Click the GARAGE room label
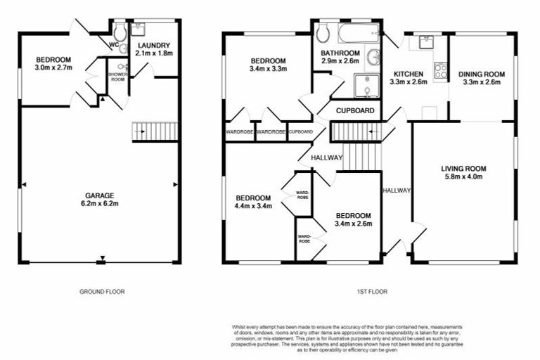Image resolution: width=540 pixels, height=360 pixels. [100, 195]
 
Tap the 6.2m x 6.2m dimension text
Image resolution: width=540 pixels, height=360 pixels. [100, 204]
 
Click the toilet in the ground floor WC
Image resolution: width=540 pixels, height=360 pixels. [120, 32]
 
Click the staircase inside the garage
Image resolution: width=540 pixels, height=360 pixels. [155, 131]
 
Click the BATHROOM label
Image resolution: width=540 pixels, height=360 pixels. [340, 53]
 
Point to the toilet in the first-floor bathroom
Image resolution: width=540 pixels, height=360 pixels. [324, 33]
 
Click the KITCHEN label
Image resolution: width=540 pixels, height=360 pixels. [408, 73]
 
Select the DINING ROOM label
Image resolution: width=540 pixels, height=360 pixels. [481, 73]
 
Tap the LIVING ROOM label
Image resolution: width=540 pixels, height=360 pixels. [464, 168]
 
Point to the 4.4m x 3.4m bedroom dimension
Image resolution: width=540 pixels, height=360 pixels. [253, 206]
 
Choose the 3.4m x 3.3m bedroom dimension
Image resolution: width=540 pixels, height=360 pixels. [267, 69]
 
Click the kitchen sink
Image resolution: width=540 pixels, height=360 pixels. [425, 43]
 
